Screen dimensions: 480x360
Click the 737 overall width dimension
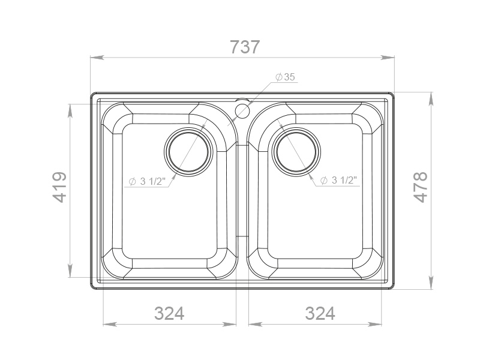(x=245, y=47)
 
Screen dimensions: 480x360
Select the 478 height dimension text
(x=421, y=187)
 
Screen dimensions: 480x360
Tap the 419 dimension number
(x=59, y=187)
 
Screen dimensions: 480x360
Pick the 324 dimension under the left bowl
(x=169, y=313)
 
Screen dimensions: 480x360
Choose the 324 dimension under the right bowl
(x=320, y=313)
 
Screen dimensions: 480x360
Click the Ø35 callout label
(x=286, y=77)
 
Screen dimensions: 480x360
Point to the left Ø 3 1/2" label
(x=147, y=181)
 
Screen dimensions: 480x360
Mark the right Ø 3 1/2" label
(x=339, y=181)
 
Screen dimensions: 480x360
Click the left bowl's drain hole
(x=188, y=152)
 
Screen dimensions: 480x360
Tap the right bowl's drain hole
(x=296, y=152)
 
